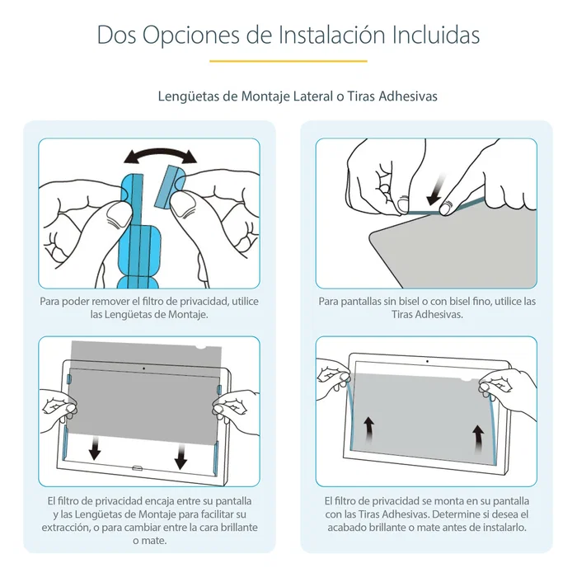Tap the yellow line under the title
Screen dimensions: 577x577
click(x=288, y=61)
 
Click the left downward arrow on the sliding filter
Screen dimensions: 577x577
click(x=95, y=448)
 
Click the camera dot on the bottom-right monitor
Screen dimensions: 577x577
click(x=427, y=362)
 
